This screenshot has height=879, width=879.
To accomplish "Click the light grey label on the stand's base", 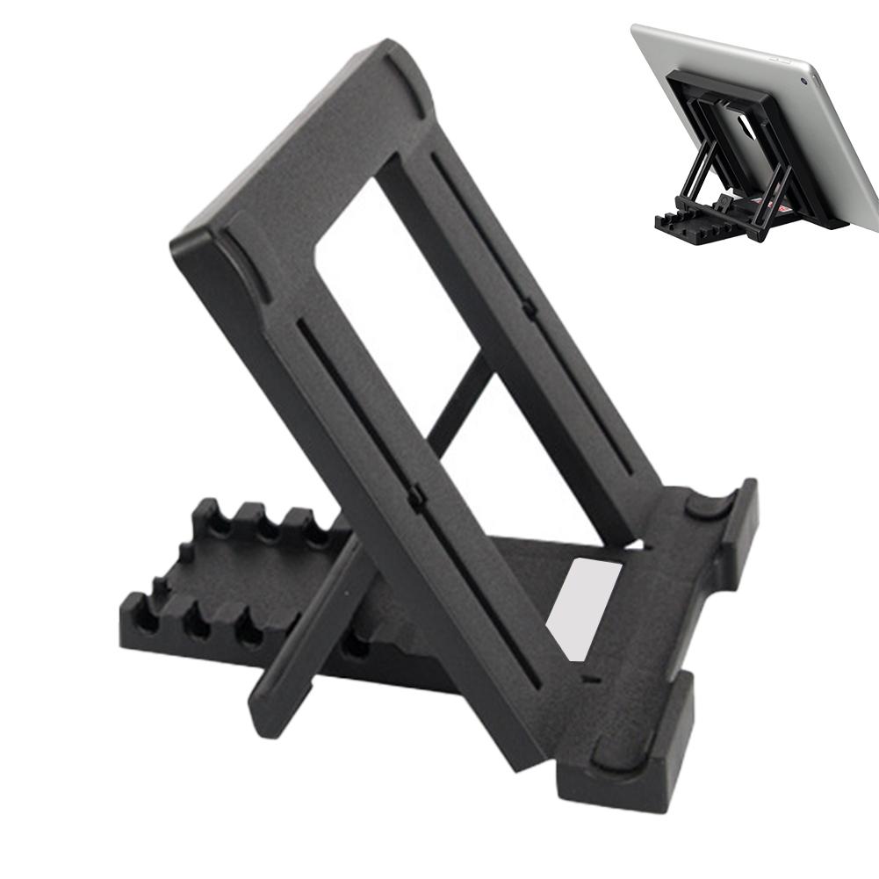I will tap(583, 607).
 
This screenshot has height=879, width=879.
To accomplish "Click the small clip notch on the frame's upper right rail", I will tap(528, 307).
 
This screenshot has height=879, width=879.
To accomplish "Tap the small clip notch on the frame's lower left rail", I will tap(416, 496).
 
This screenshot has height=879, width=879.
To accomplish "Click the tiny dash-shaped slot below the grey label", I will tap(586, 680).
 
